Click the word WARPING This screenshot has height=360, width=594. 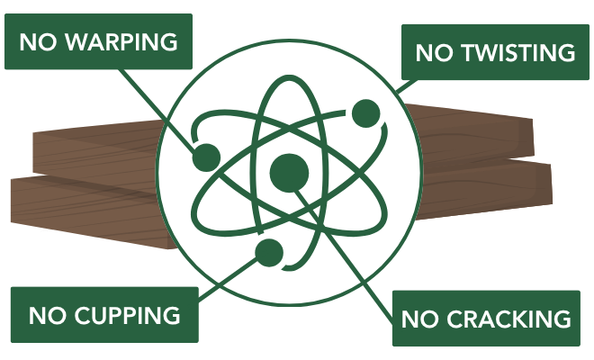point(121,41)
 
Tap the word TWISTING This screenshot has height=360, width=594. point(519,52)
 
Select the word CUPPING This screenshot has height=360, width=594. point(127,315)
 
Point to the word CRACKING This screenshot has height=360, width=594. point(508,319)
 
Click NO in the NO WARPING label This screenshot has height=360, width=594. point(38,41)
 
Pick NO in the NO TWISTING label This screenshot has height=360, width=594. point(434,52)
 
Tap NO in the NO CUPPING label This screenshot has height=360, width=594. point(47,315)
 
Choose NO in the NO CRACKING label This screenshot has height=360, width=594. point(419,319)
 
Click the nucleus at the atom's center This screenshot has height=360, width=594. point(289,173)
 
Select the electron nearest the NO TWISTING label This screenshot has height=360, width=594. point(366,113)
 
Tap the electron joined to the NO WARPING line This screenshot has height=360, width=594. point(206,157)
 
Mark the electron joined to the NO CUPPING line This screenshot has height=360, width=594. point(269,253)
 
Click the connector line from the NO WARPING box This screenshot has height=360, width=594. point(158,109)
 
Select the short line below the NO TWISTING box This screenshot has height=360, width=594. point(406,86)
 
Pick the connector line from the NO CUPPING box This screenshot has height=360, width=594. point(228,280)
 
